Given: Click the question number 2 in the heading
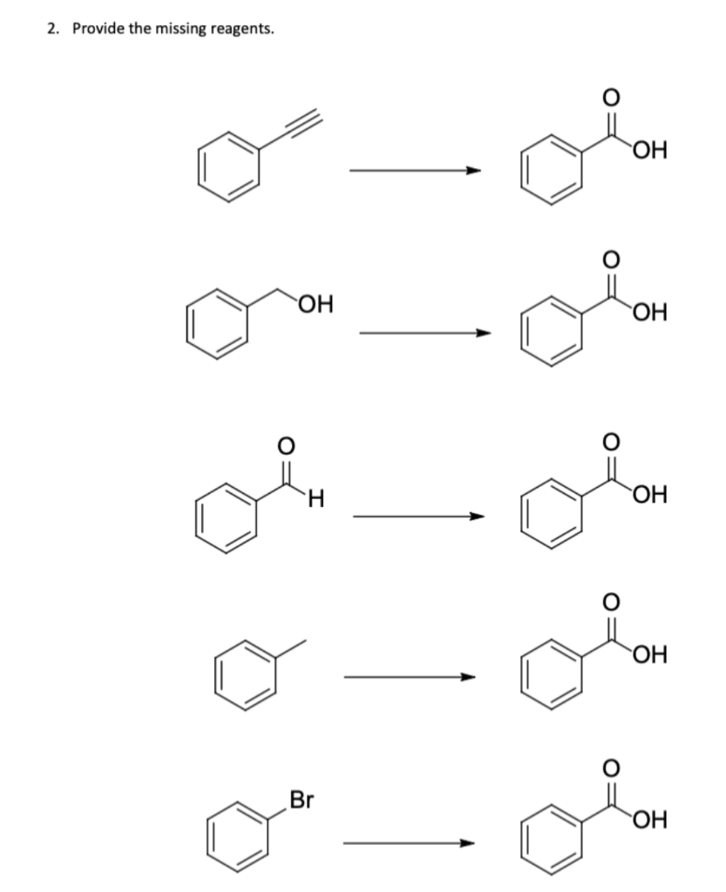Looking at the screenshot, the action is click(x=51, y=29).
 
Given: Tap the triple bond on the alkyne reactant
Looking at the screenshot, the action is click(x=292, y=127).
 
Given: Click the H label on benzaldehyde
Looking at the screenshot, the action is click(x=316, y=498).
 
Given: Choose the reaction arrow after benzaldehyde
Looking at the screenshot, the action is click(x=417, y=517).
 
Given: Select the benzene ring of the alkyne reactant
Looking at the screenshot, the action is click(x=228, y=167).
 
